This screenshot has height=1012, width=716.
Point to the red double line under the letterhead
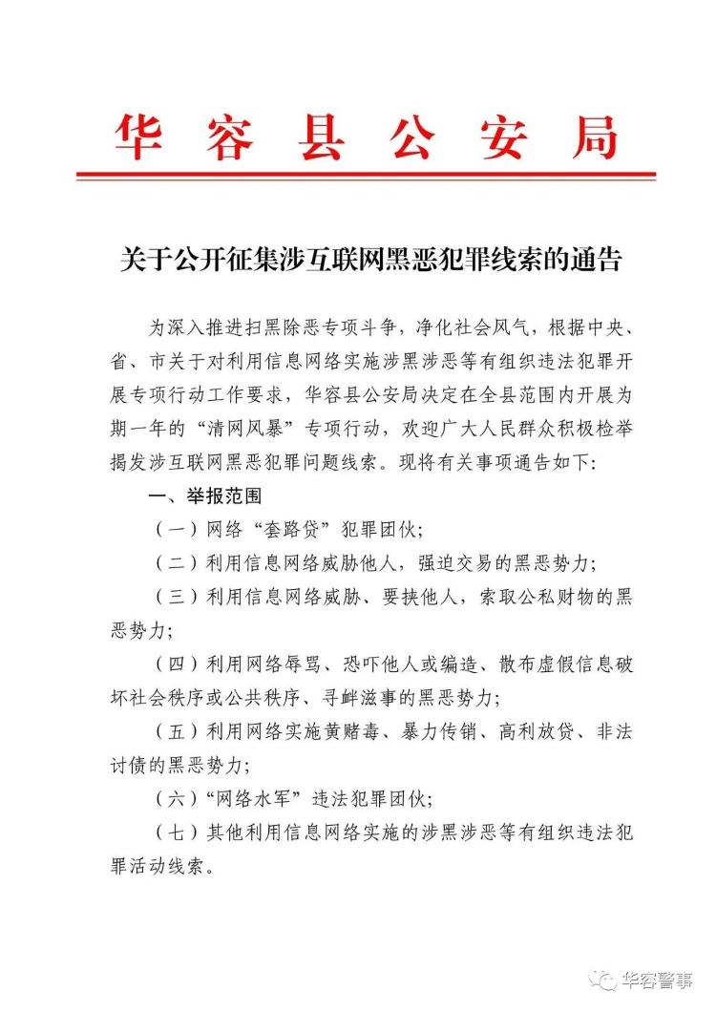pos(366,175)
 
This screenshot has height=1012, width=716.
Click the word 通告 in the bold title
pos(592,260)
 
